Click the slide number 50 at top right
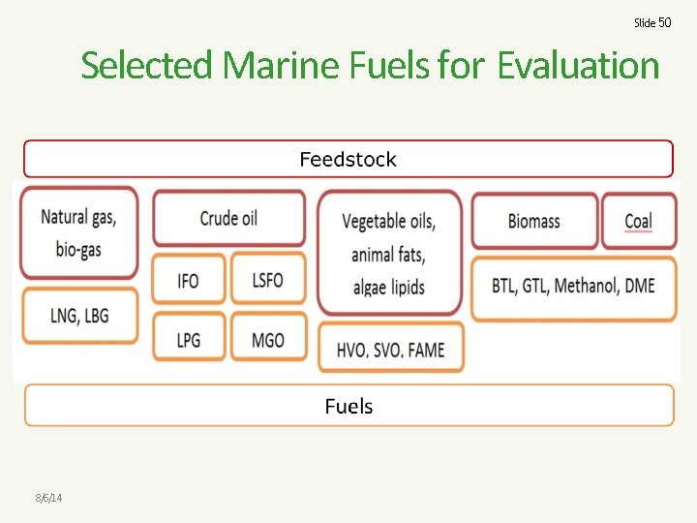pyautogui.click(x=652, y=22)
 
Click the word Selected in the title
pyautogui.click(x=148, y=66)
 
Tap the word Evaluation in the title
pyautogui.click(x=578, y=66)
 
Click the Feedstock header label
pyautogui.click(x=348, y=160)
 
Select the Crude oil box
pyautogui.click(x=228, y=218)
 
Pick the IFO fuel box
pyautogui.click(x=189, y=281)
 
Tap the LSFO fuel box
pyautogui.click(x=267, y=281)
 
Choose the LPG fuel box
pyautogui.click(x=189, y=340)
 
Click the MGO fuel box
pyautogui.click(x=267, y=340)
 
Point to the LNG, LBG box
pyautogui.click(x=79, y=315)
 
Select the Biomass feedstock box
pyautogui.click(x=533, y=221)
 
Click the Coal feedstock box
pyautogui.click(x=638, y=221)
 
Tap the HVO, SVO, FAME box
pyautogui.click(x=391, y=350)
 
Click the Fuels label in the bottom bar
pyautogui.click(x=348, y=407)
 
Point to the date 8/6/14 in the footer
pyautogui.click(x=48, y=498)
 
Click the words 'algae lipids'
pyautogui.click(x=388, y=288)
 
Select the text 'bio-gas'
pyautogui.click(x=78, y=250)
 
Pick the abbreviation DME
pyautogui.click(x=639, y=286)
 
